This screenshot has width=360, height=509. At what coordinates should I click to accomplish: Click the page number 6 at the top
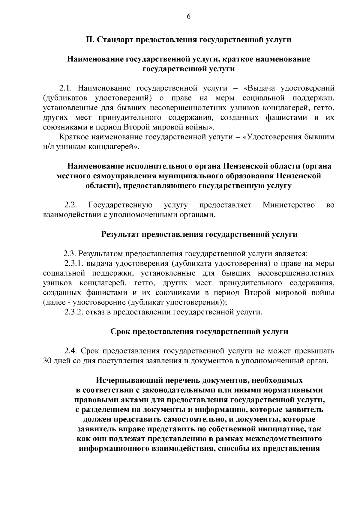click(x=188, y=17)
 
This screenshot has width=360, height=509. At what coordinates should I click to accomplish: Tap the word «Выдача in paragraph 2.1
click(x=258, y=88)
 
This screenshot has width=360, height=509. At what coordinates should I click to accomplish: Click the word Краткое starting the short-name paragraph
click(x=73, y=137)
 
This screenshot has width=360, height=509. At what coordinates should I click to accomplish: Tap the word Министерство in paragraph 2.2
click(x=288, y=205)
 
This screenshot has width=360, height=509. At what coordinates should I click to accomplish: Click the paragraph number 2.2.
click(x=71, y=205)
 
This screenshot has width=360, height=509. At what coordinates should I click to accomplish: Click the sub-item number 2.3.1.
click(x=74, y=264)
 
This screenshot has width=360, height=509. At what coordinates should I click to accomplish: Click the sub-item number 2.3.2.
click(x=74, y=312)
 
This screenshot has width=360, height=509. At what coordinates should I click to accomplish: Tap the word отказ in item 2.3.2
click(x=93, y=312)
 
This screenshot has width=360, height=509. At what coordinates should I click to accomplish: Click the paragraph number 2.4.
click(x=71, y=351)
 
